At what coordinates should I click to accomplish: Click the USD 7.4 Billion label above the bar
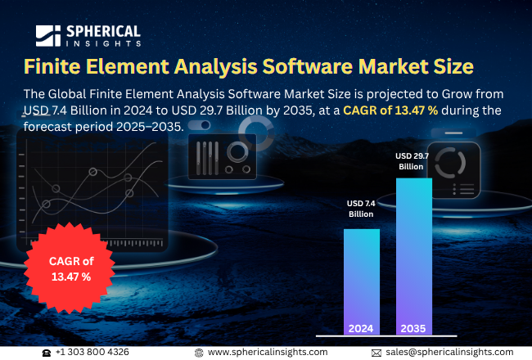tap(361, 208)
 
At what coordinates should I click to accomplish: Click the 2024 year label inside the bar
tap(361, 328)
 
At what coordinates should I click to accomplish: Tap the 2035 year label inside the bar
tap(413, 328)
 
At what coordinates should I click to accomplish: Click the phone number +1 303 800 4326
tap(92, 352)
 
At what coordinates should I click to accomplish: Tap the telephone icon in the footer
tap(47, 352)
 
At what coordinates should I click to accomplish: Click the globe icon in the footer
tap(199, 352)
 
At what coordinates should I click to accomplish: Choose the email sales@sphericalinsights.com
tap(449, 352)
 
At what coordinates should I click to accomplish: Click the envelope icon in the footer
tap(376, 352)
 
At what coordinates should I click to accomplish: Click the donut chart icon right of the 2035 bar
tap(451, 163)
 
